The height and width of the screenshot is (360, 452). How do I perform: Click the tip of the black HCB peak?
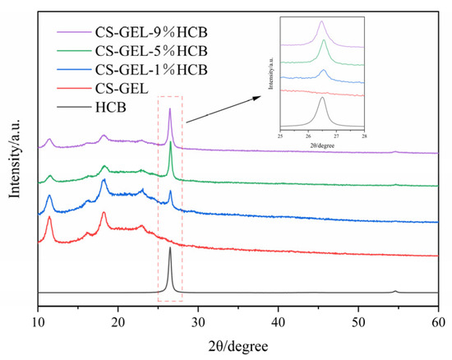pos(169,247)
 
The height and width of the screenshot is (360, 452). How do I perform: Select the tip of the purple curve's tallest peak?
pos(169,108)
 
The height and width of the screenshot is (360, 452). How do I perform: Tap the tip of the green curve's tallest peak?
pos(170,143)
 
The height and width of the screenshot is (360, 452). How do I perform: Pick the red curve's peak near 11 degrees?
pos(49,217)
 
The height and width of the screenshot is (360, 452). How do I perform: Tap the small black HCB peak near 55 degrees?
pos(395,291)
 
